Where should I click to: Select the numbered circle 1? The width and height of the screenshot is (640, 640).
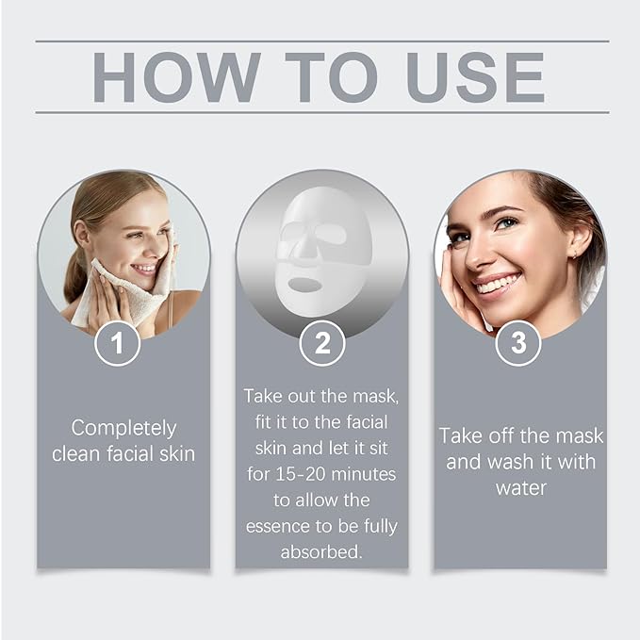coord(118,343)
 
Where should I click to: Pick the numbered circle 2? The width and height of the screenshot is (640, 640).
coord(322,343)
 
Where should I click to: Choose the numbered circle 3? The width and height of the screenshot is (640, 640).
coord(518,343)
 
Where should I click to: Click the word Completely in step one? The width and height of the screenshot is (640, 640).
coord(123,427)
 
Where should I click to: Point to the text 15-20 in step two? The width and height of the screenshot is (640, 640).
coord(294,473)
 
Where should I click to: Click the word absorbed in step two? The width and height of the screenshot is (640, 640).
coord(320,552)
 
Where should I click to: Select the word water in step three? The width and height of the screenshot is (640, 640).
coord(520,488)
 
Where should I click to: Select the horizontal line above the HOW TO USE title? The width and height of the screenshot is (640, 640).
coord(322,41)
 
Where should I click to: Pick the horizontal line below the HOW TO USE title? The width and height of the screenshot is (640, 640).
coord(322,112)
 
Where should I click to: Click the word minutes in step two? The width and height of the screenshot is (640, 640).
coord(363,473)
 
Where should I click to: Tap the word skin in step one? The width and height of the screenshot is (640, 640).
coord(177,453)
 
